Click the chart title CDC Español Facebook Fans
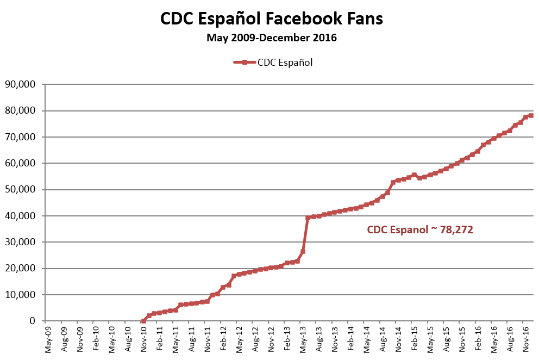tap(272, 18)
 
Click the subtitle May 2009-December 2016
tap(272, 38)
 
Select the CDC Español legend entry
tap(273, 62)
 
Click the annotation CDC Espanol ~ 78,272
tap(420, 230)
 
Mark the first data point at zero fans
tap(143, 321)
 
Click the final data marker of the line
tap(531, 115)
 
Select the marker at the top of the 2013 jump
tap(308, 218)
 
